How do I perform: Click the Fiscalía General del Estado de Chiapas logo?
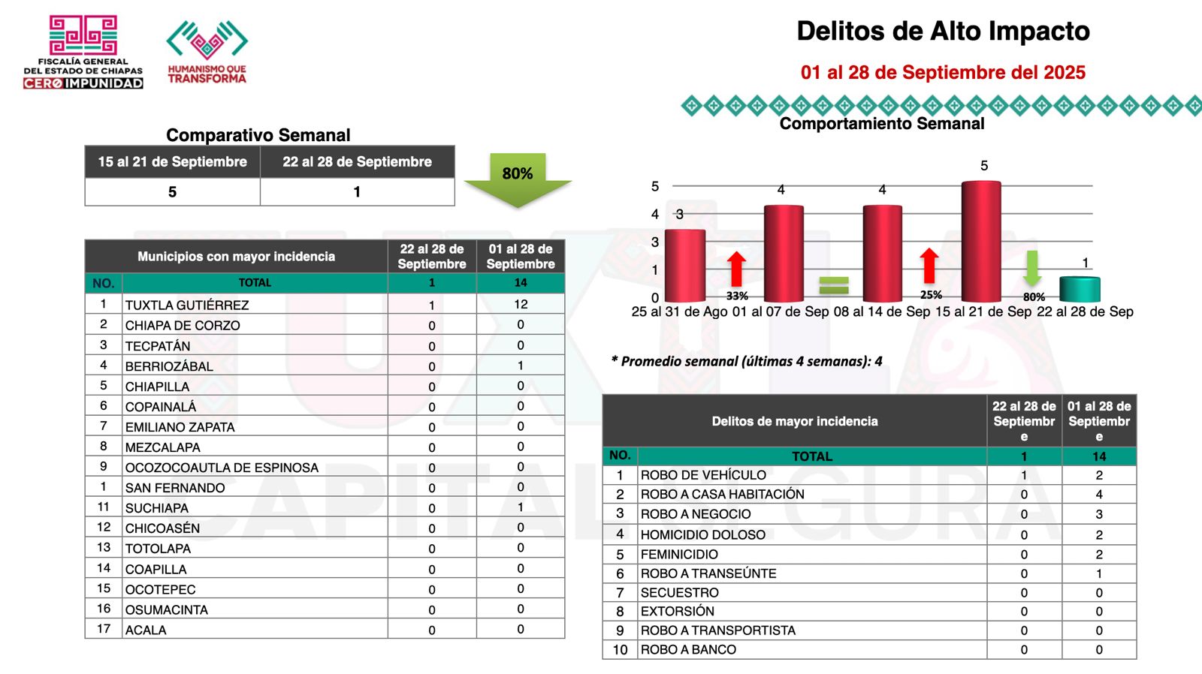tap(83, 51)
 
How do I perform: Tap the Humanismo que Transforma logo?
tap(207, 51)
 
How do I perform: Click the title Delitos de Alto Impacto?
tap(943, 31)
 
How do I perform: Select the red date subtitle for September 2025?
tap(943, 72)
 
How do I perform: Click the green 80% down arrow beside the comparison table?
tap(518, 179)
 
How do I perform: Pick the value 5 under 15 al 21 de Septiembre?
tap(172, 192)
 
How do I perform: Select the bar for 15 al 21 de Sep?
tap(981, 242)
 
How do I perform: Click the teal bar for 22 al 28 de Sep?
tap(1080, 289)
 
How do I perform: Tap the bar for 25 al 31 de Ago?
tap(684, 265)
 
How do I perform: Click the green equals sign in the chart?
tap(833, 285)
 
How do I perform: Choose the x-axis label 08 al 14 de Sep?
tap(883, 311)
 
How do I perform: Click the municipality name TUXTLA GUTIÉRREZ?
tap(187, 305)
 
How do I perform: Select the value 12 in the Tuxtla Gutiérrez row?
tap(521, 304)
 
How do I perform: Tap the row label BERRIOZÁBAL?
tap(169, 366)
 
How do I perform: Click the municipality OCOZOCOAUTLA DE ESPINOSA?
tap(222, 468)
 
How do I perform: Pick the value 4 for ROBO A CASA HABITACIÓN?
tap(1099, 495)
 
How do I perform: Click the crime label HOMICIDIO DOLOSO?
tap(702, 534)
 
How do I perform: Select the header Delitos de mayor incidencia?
tap(794, 421)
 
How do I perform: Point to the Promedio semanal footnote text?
tap(747, 362)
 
